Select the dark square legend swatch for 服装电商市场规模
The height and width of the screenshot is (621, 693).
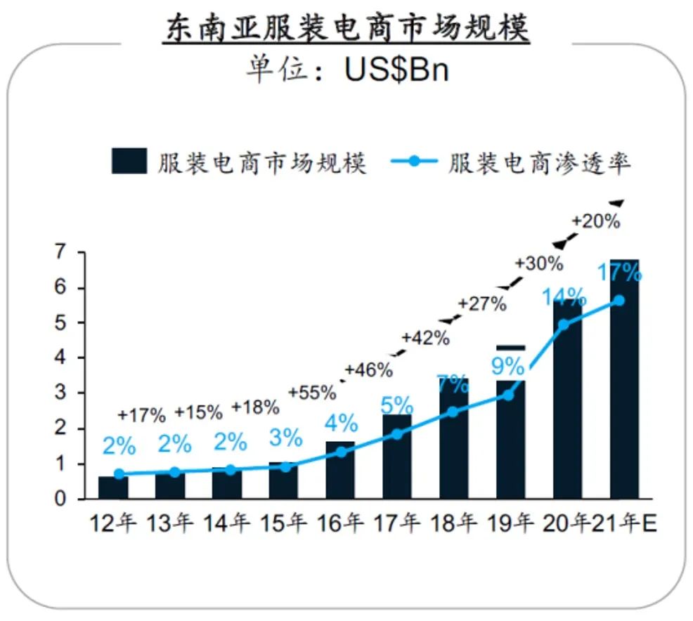pos(129,161)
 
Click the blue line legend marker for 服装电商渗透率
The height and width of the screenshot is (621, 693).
pos(414,162)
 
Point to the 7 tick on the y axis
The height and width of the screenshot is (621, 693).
pos(63,252)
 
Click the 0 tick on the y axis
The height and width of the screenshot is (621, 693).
pos(63,499)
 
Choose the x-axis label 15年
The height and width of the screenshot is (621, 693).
pos(283,524)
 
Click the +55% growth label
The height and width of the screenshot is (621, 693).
pos(312,393)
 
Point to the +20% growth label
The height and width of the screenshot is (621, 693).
pos(595,221)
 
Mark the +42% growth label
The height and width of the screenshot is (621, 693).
pos(425,338)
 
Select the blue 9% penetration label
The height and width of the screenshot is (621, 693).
pos(507,366)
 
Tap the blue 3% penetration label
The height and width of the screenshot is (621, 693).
pos(285,439)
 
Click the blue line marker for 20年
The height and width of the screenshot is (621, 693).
pos(564,325)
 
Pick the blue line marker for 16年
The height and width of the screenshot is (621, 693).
pos(340,452)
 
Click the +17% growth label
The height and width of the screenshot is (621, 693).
pos(141,414)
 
